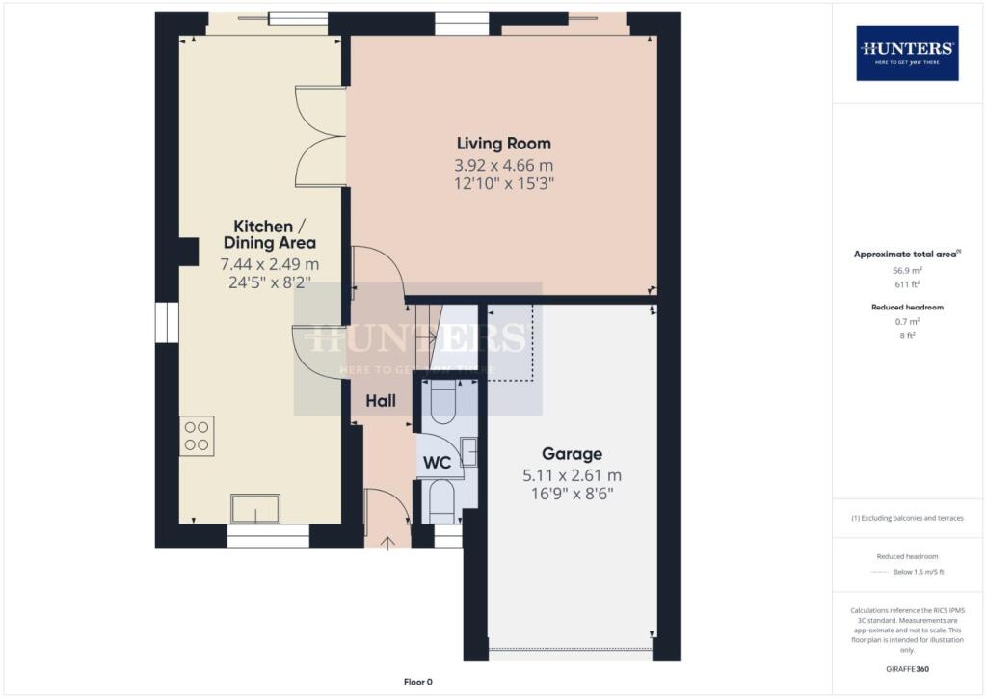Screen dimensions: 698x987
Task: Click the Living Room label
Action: tap(503, 144)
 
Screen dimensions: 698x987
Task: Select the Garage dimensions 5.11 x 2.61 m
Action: tap(572, 474)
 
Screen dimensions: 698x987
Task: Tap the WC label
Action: tap(438, 463)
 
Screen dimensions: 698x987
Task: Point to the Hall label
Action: tap(380, 400)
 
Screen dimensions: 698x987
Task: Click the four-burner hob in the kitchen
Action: tap(197, 435)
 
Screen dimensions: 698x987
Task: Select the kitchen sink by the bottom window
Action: tap(255, 507)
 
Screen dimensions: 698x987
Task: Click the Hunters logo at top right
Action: tap(907, 52)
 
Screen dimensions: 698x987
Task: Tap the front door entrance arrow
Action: tap(388, 544)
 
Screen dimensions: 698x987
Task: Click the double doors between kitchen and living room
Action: tap(320, 135)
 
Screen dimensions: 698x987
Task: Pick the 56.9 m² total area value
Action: tap(907, 271)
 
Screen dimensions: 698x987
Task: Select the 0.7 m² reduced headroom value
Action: tap(907, 322)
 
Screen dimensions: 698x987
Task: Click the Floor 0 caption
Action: tap(417, 682)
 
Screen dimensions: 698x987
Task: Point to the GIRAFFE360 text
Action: tap(907, 668)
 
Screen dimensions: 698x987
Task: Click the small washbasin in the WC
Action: tap(468, 451)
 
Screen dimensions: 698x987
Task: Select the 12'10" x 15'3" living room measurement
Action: tap(503, 182)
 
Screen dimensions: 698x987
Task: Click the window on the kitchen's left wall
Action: tap(167, 322)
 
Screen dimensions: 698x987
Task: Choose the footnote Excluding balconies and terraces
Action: tap(907, 518)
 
